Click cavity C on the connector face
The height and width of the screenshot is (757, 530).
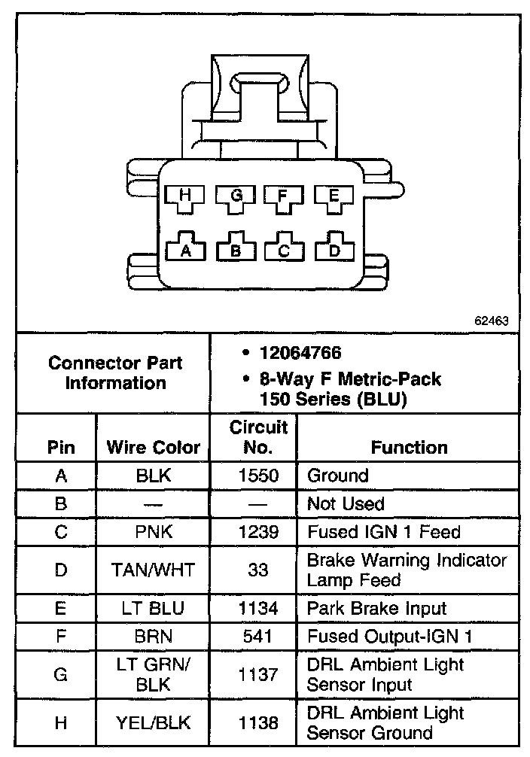(284, 249)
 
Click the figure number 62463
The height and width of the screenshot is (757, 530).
(492, 320)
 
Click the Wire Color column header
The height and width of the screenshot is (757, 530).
(154, 448)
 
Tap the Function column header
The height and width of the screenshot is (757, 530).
(409, 448)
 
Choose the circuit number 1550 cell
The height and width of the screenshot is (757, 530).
(258, 476)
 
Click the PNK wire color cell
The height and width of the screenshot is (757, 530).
(154, 532)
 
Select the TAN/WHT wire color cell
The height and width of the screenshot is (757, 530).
(154, 570)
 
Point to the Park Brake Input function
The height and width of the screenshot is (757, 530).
(376, 608)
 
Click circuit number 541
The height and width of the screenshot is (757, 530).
(258, 637)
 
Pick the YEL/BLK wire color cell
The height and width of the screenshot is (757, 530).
(154, 723)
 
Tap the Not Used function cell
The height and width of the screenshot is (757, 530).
(346, 503)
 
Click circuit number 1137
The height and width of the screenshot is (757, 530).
(258, 675)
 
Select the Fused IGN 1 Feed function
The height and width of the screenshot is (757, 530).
(382, 532)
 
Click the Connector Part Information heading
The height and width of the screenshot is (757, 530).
(114, 372)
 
